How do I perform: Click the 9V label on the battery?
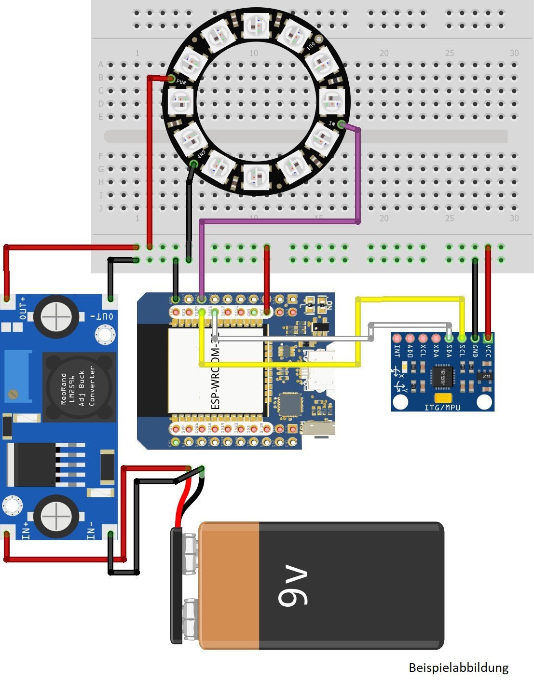(292, 587)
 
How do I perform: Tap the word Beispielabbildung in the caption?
(458, 668)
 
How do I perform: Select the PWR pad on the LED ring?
(171, 79)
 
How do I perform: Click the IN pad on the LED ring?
(341, 125)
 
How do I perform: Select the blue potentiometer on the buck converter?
(17, 377)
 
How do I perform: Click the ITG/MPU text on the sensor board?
(442, 407)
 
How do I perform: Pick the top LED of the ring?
(256, 25)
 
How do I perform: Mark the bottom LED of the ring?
(256, 177)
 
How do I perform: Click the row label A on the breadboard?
(101, 65)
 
